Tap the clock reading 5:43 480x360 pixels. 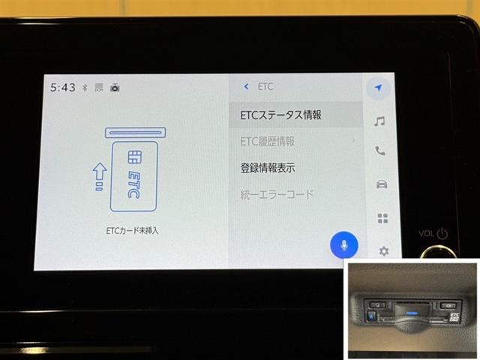point(63,88)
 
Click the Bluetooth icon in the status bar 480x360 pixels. point(85,88)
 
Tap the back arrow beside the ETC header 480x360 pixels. point(246,87)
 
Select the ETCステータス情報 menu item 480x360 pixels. point(281,115)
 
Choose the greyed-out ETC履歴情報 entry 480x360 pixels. point(268,141)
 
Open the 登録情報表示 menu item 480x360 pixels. point(268,168)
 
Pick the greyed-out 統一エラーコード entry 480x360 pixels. point(277,195)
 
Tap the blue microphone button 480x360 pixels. point(344,244)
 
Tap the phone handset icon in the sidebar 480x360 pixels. point(380,151)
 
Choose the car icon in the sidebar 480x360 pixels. point(381,184)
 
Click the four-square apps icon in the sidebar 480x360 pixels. point(382,218)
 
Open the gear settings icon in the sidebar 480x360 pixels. point(383,251)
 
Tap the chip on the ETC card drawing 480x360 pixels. point(136,157)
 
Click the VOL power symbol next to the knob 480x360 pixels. point(442,234)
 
